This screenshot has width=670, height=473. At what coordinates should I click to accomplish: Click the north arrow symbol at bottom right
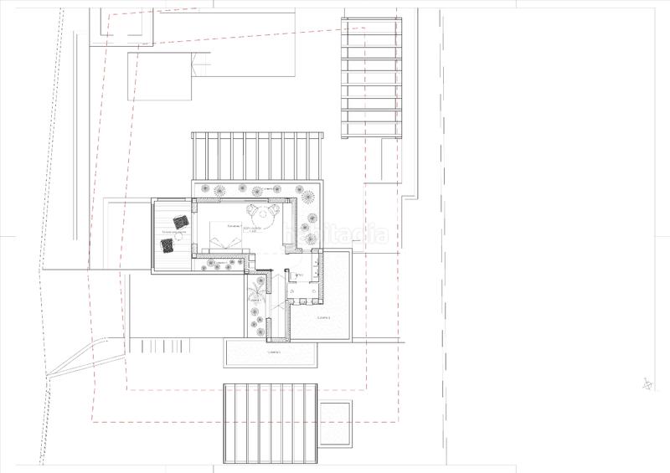tap(647, 385)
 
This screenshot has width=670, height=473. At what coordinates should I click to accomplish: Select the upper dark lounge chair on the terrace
tap(178, 224)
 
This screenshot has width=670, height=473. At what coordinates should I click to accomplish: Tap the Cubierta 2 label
tap(323, 319)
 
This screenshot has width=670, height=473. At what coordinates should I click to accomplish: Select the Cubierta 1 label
tap(274, 352)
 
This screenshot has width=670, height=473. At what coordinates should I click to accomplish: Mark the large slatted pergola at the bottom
tap(270, 423)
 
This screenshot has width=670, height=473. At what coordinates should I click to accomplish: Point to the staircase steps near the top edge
tap(201, 64)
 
